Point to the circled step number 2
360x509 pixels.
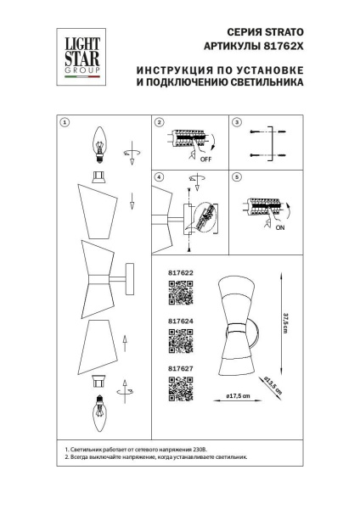[158, 123]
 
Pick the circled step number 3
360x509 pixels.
[237, 123]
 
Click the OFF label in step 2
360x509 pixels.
[205, 157]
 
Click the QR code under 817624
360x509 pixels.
[180, 343]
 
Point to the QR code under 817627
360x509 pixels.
[180, 388]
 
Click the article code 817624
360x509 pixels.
[180, 321]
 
